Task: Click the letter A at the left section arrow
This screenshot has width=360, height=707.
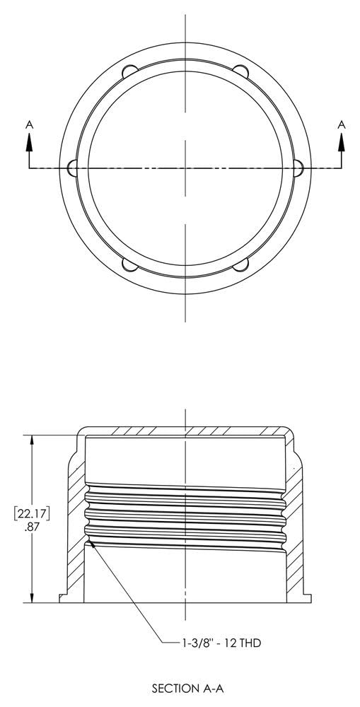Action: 29,124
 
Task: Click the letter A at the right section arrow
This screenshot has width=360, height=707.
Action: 342,124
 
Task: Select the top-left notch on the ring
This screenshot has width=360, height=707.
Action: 129,72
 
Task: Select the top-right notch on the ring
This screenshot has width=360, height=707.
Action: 241,72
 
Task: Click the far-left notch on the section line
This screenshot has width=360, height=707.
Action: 72,168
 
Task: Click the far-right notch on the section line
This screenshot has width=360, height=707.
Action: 298,168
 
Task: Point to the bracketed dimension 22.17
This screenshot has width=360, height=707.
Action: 31,512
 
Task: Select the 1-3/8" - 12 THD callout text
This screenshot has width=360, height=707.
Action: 217,643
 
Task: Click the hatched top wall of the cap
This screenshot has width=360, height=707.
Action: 185,431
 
